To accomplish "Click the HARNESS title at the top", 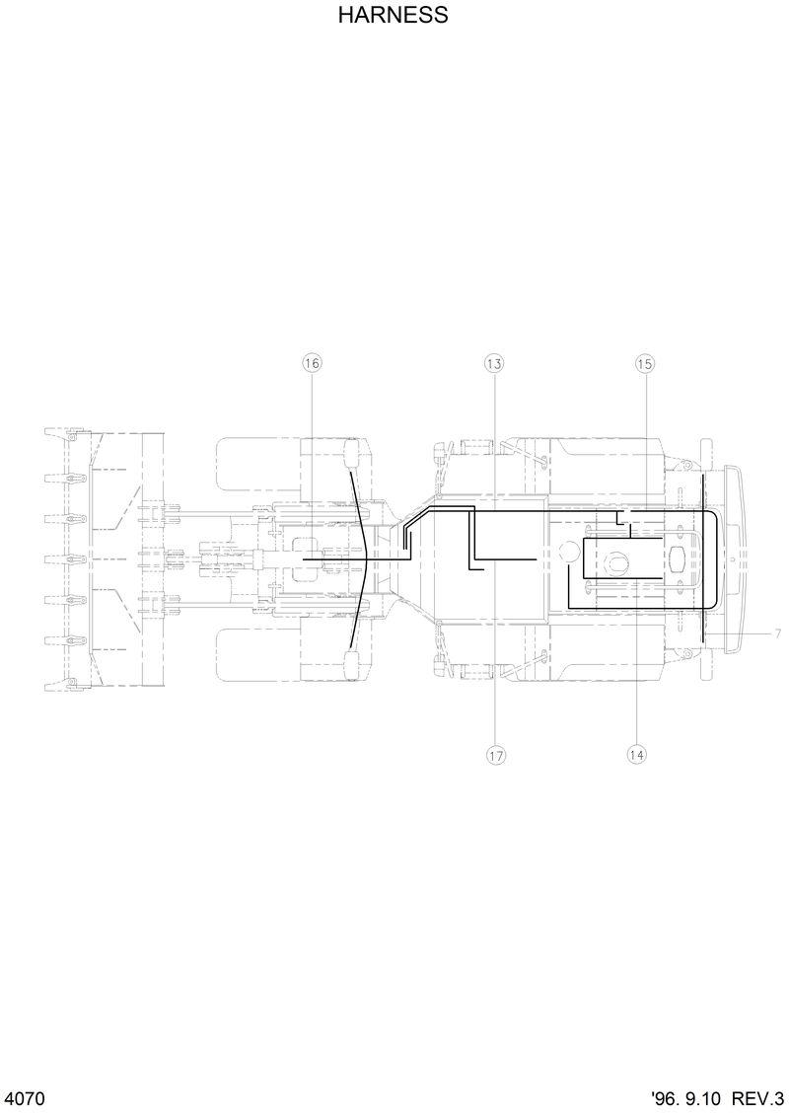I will (x=394, y=16).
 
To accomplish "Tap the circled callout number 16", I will (x=312, y=364).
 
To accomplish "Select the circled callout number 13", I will (x=494, y=364).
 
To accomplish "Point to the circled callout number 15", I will (x=644, y=364).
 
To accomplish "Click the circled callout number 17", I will (x=495, y=755).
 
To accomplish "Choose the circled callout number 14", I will (x=636, y=755).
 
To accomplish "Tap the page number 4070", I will (x=26, y=1098).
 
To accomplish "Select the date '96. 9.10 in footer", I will (x=687, y=1098).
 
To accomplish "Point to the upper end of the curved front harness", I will (x=351, y=476).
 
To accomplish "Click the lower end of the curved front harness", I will (x=351, y=646).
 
